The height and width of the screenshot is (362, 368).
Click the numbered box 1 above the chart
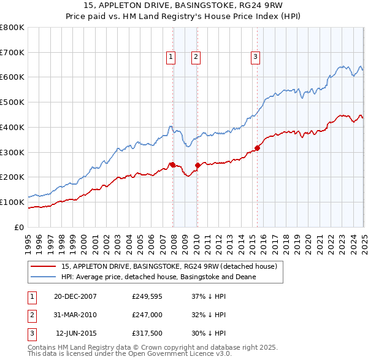[x=171, y=57]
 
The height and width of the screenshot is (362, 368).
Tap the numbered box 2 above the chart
[x=196, y=57]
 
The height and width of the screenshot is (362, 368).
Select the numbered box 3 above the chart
[x=255, y=57]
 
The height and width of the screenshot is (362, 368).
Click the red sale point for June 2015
[x=258, y=147]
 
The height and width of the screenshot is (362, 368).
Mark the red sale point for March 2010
[x=198, y=165]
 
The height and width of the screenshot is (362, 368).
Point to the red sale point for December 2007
[x=173, y=164]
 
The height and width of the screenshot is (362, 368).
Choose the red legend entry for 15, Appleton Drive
[x=169, y=266]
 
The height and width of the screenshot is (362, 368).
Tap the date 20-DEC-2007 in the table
[x=75, y=296]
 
